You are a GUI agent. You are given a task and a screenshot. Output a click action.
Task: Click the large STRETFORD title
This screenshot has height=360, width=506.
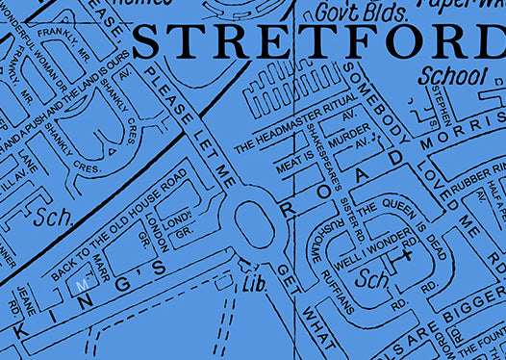pyautogui.click(x=317, y=43)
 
